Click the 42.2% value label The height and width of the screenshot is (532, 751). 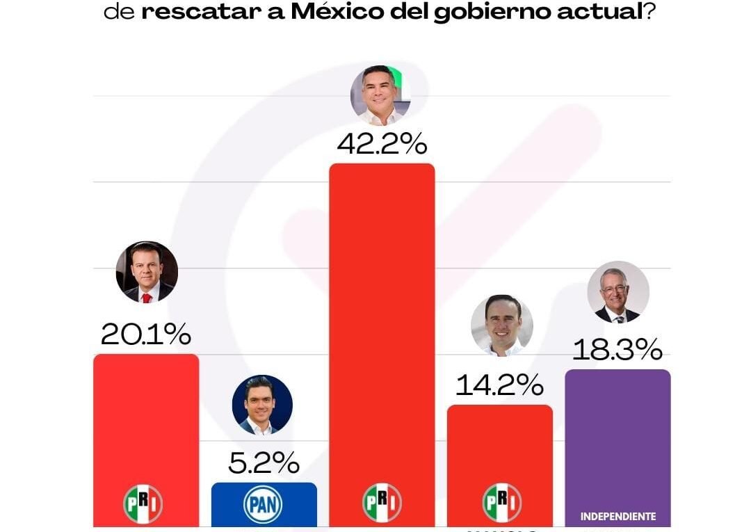pos(381,144)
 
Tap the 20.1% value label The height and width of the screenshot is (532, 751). pos(146,335)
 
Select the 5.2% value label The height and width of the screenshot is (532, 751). pos(264,462)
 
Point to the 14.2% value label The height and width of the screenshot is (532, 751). pos(499,385)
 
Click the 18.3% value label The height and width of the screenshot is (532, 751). pos(617,350)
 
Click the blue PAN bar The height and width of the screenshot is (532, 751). pos(264,503)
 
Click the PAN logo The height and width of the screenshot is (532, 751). pos(263,505)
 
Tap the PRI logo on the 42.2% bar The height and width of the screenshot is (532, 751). pos(381,503)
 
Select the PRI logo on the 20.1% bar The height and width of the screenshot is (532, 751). pos(143,503)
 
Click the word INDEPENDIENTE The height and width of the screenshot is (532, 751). pos(617,517)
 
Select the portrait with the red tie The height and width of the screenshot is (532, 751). pos(146,272)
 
